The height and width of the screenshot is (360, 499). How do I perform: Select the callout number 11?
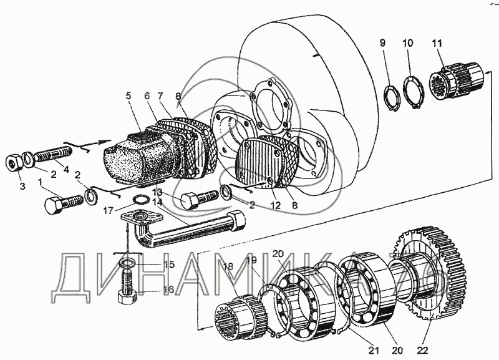click(x=435, y=43)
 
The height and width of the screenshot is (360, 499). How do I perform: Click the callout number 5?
click(x=128, y=95)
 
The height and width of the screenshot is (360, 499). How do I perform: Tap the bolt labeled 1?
click(x=62, y=203)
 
